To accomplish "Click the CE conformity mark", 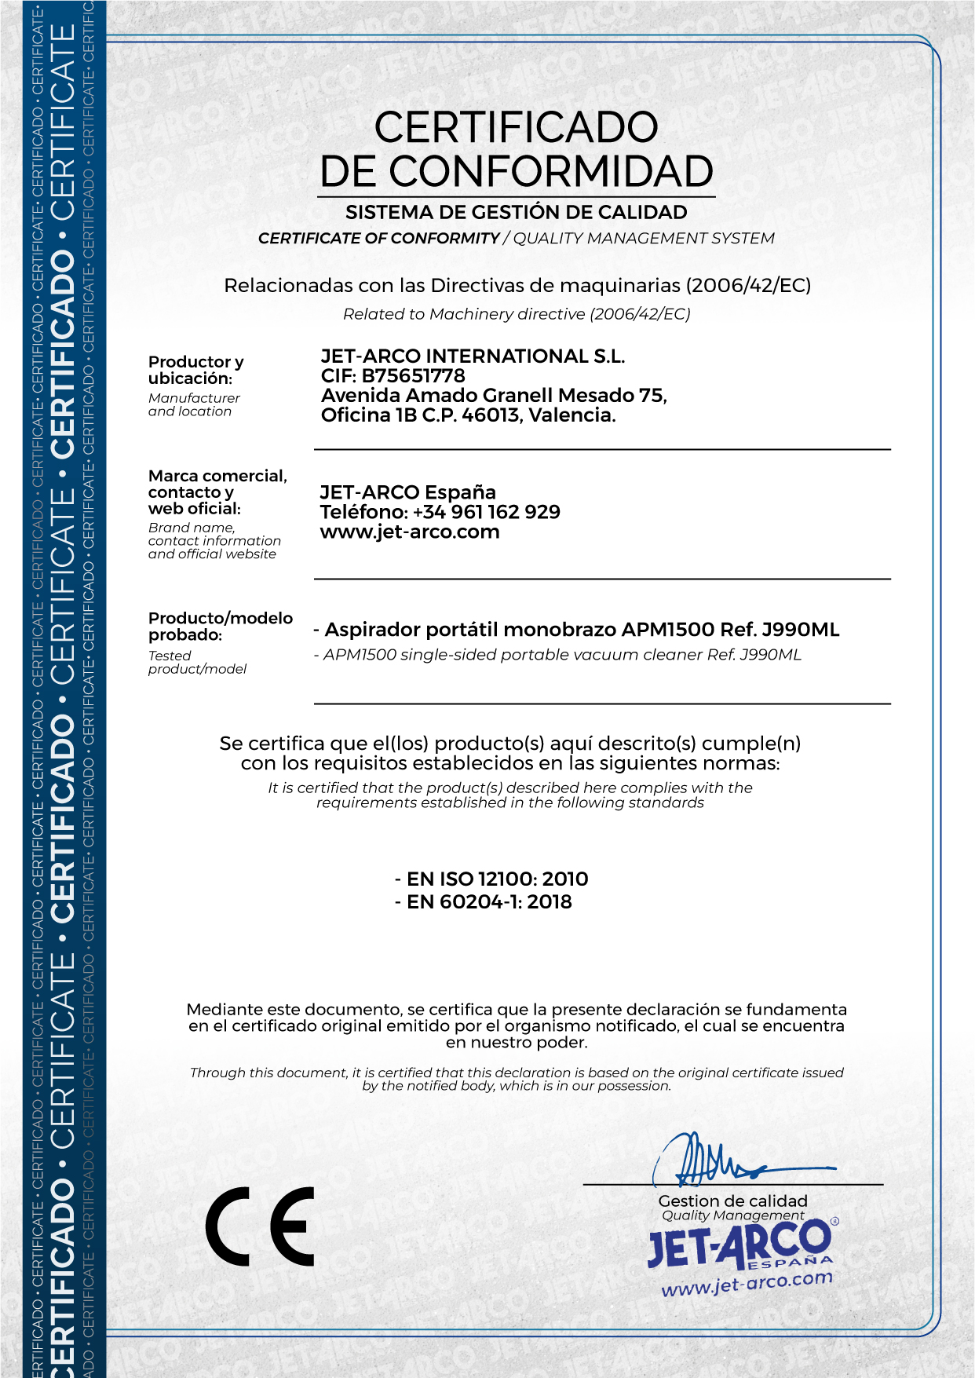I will [260, 1226].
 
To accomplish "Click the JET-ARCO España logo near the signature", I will [739, 1245].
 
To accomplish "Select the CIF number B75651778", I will [413, 376].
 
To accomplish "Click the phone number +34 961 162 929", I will [486, 512].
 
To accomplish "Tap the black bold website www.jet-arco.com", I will [409, 532].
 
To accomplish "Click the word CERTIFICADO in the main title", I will [516, 127].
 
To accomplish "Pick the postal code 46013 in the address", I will [491, 415].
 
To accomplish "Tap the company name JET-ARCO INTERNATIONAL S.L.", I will [473, 356].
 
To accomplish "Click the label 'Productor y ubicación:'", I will [195, 370].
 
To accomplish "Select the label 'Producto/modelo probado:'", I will [220, 626].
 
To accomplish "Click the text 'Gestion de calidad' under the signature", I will [732, 1201].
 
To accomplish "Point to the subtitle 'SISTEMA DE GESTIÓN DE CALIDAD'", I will [516, 212].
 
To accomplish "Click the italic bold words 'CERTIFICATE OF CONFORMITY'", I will [378, 238].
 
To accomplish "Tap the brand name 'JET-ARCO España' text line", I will [407, 492].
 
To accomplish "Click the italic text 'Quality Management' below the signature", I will [732, 1215].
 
